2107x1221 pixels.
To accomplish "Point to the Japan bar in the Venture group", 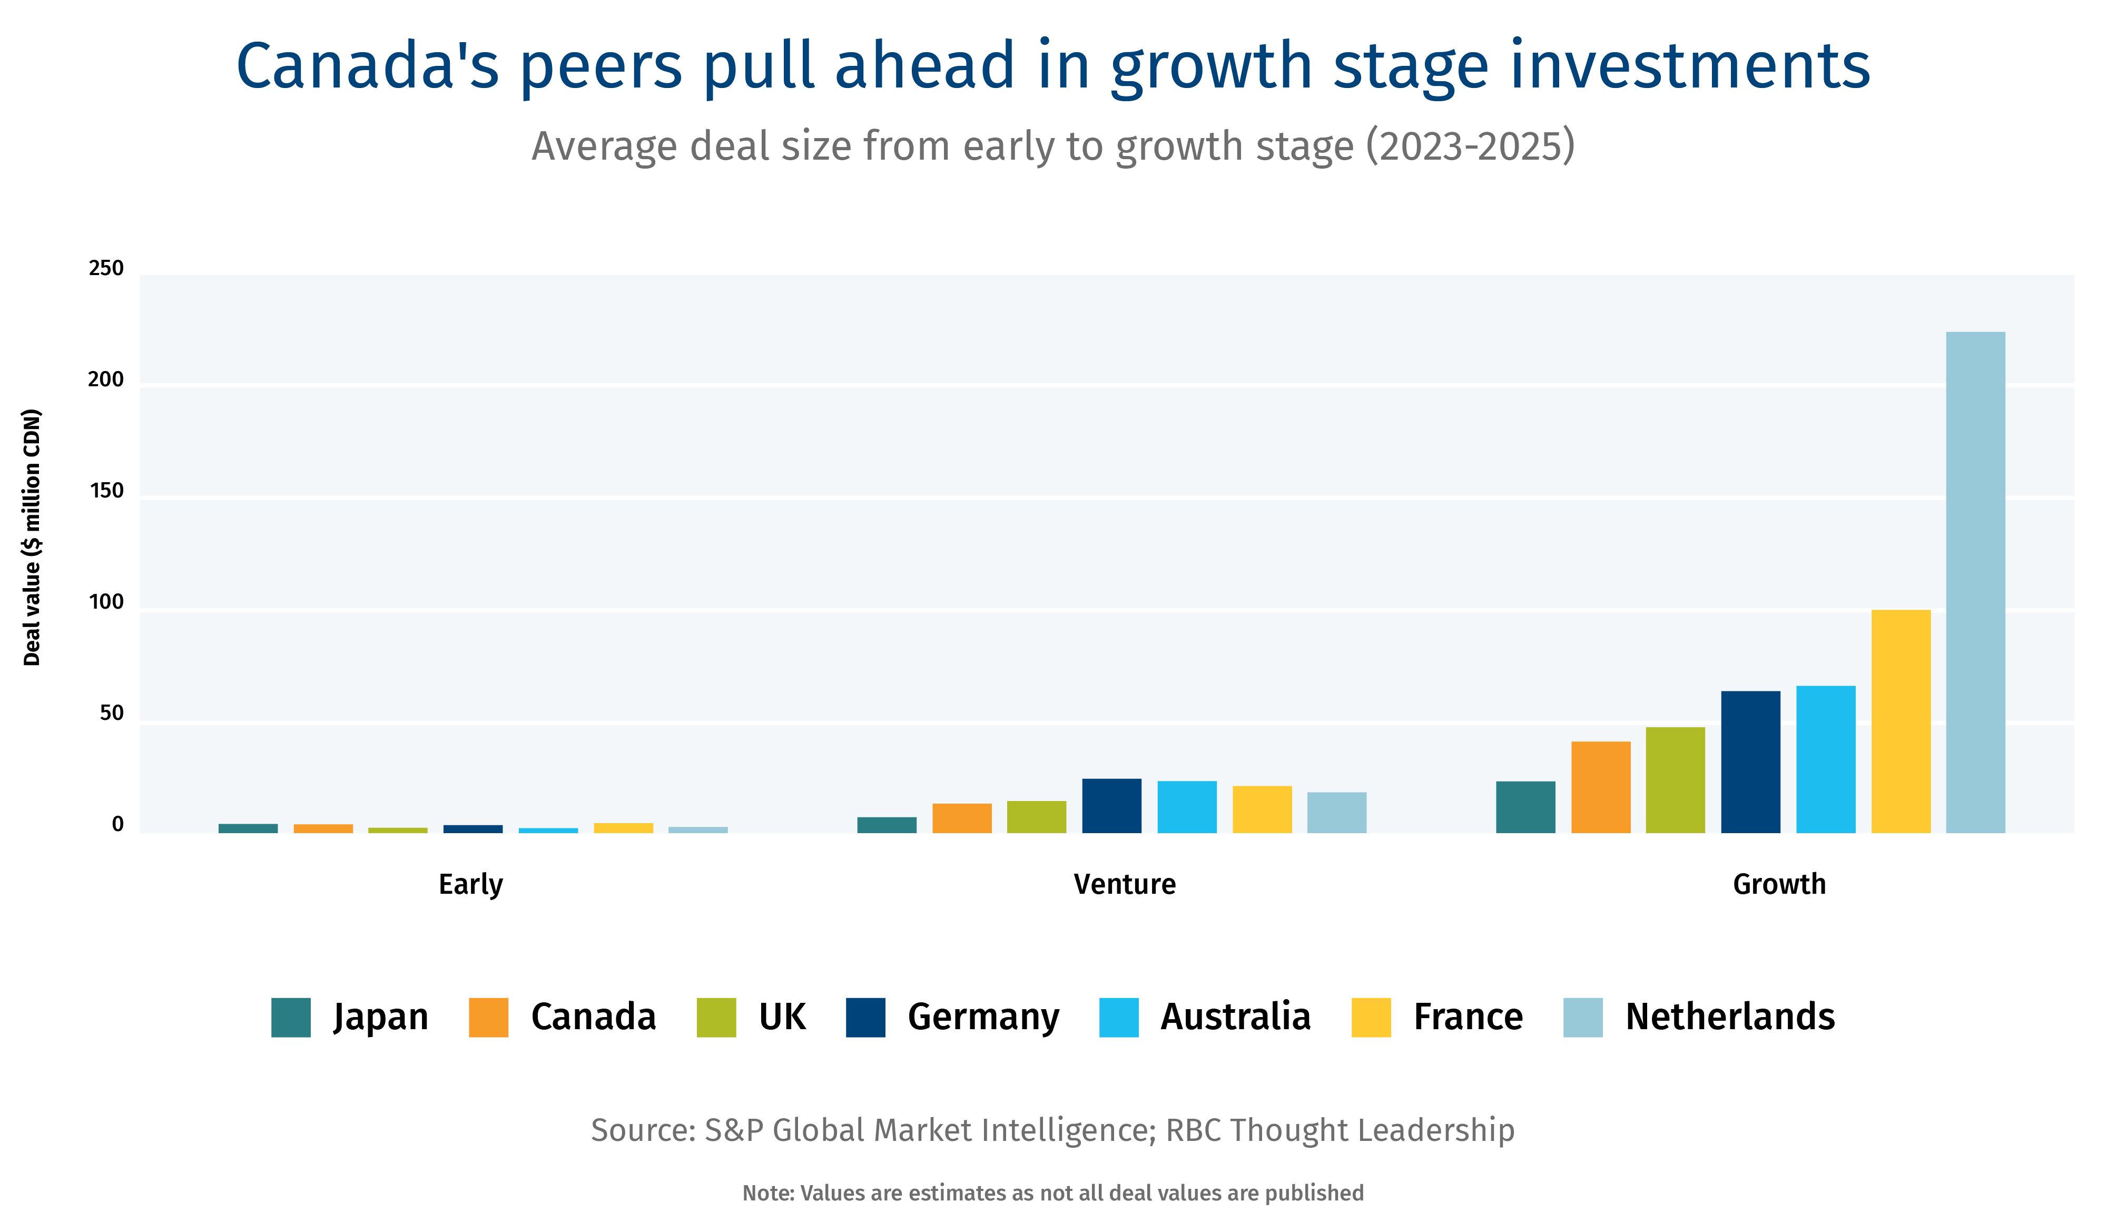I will tap(887, 825).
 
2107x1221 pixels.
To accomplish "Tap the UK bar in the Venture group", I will tap(1036, 817).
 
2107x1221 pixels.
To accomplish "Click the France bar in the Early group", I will tap(623, 828).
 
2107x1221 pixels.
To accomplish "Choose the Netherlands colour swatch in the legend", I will tap(1583, 1018).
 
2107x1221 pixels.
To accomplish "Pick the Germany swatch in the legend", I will tap(865, 1018).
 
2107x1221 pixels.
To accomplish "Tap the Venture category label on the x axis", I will tap(1125, 884).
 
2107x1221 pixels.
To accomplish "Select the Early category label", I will tap(471, 884).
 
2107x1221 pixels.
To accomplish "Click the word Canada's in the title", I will tap(368, 67).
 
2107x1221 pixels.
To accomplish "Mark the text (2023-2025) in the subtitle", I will tap(1470, 146).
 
